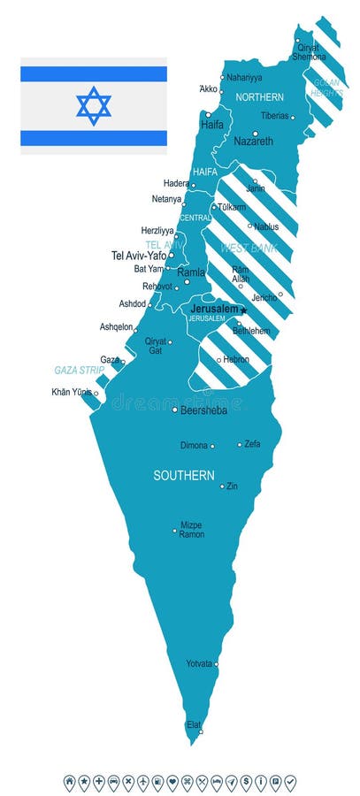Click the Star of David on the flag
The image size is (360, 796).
point(94,105)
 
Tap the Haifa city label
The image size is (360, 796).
point(212,125)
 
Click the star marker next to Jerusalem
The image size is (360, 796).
point(243,310)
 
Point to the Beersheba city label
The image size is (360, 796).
point(203,410)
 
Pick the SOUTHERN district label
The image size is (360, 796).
point(184,475)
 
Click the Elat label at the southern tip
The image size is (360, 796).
point(192,724)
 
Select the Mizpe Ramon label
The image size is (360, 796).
point(192,530)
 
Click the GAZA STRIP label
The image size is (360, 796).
point(80,370)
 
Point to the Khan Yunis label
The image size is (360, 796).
point(72,392)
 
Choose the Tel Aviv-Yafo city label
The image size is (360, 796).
point(139,255)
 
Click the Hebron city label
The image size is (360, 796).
point(236,360)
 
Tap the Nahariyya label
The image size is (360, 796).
point(245,77)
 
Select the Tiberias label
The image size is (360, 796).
point(274,116)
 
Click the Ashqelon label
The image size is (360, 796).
point(117,326)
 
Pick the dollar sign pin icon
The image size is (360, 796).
point(247,782)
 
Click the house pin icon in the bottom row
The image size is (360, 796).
point(69,782)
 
